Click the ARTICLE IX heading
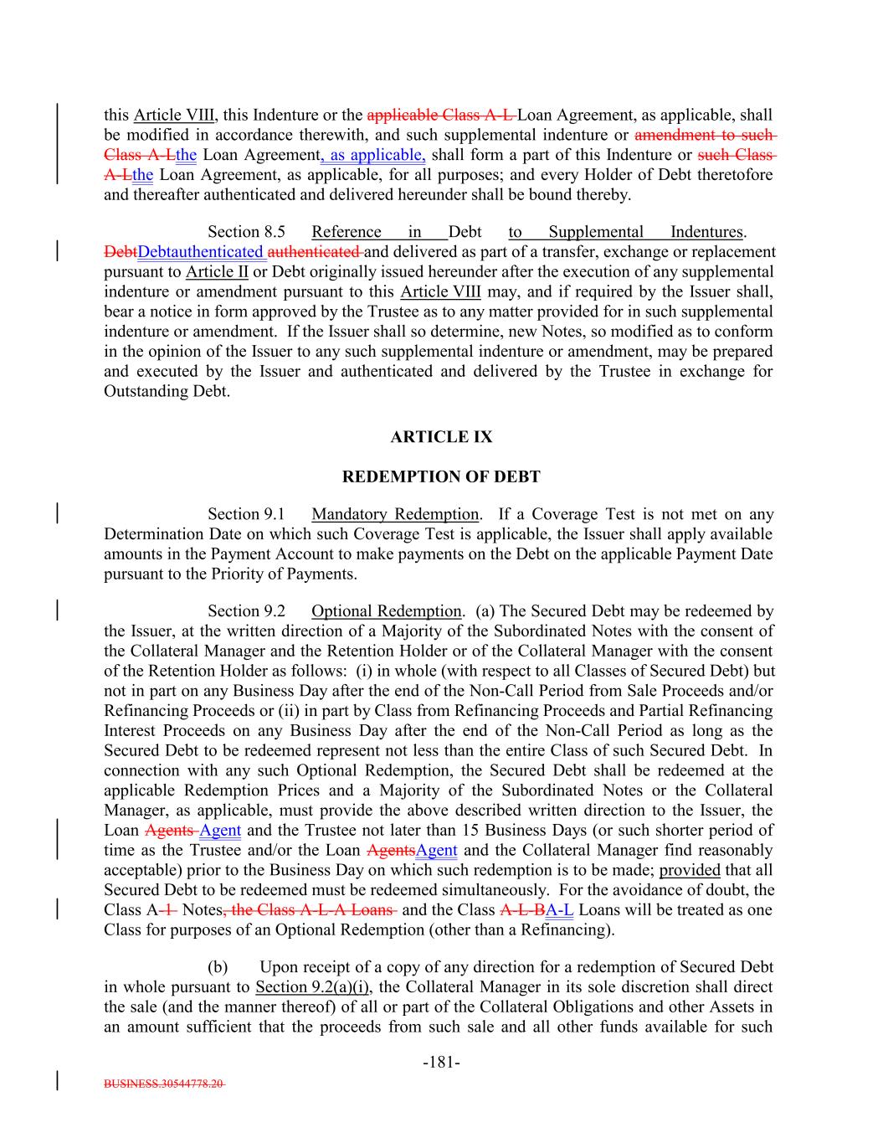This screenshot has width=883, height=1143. point(441,437)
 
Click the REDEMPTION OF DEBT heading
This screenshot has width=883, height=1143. point(441,477)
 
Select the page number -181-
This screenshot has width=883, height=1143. point(441,1063)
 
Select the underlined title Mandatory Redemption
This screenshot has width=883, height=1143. point(395,514)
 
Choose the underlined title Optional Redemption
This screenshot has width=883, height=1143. point(386,611)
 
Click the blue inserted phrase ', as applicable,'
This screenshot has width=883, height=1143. point(373,155)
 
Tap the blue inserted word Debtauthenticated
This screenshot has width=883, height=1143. point(201,252)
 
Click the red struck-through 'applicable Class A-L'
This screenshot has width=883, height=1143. point(441,115)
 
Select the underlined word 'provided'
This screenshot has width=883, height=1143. point(690,870)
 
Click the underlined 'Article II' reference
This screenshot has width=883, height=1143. point(217,272)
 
